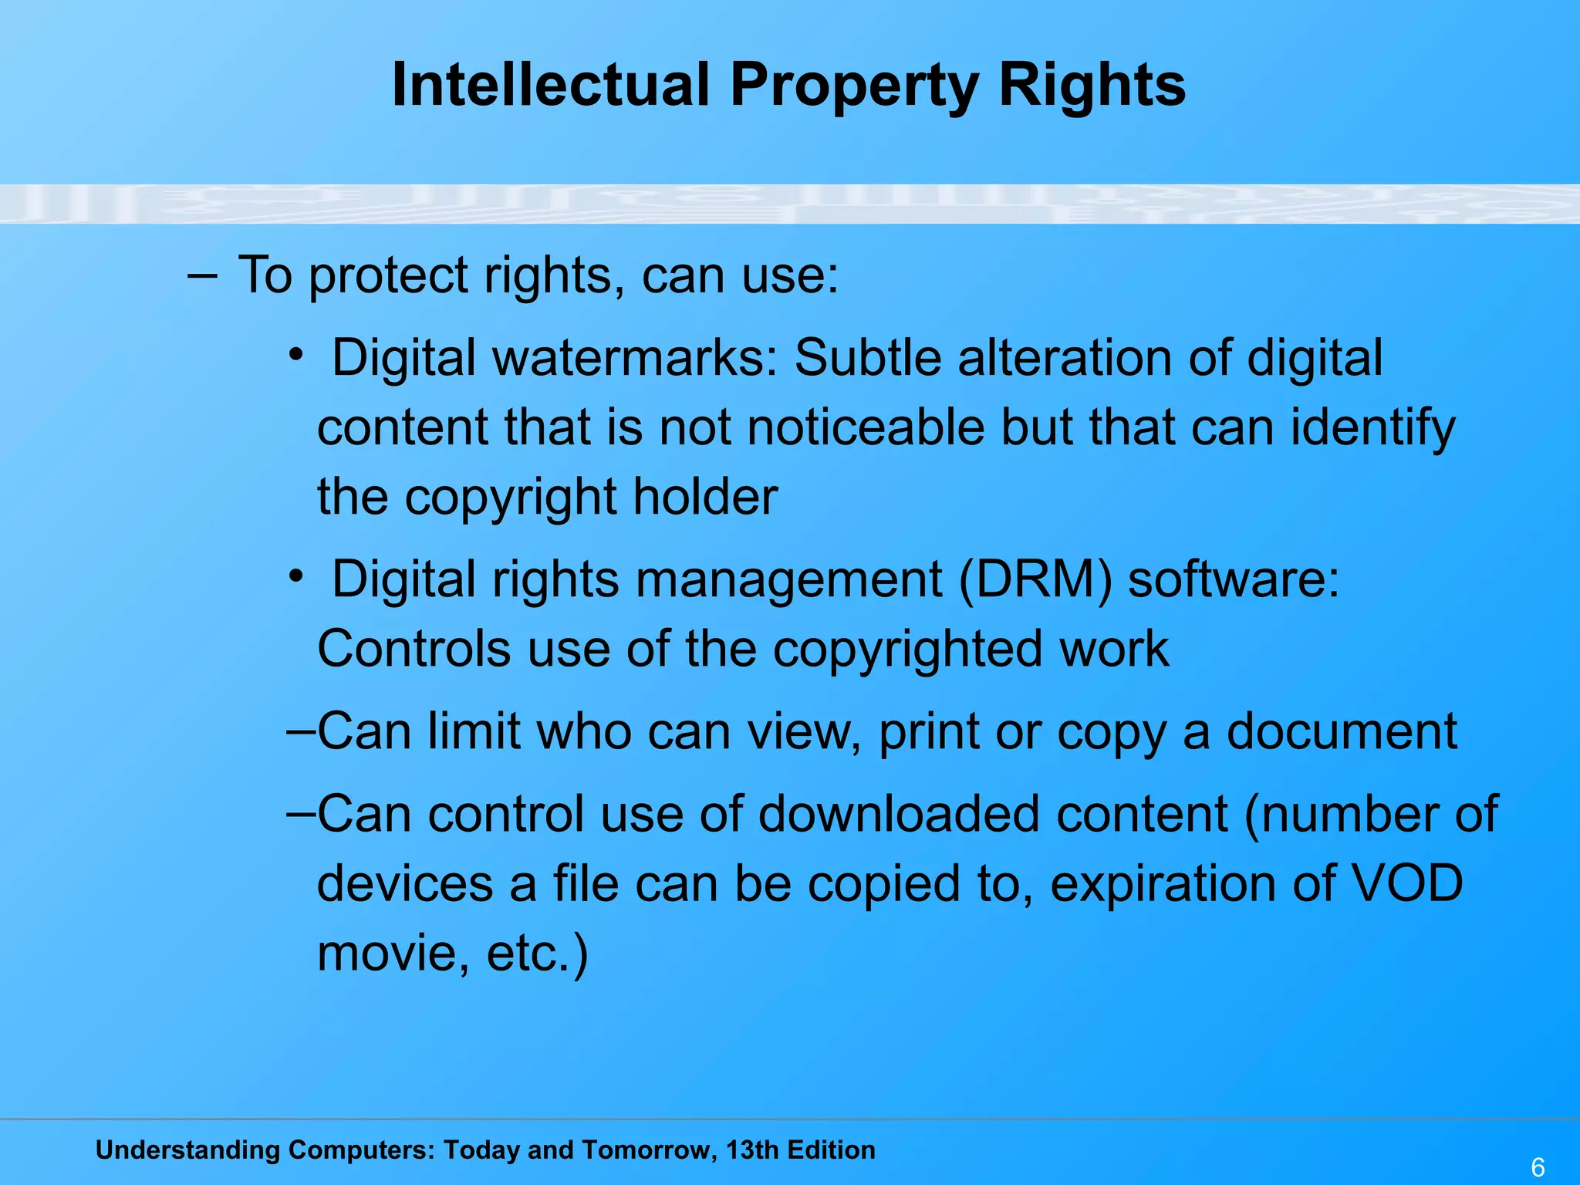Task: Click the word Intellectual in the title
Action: point(550,84)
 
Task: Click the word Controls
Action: point(414,648)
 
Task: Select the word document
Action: point(1342,731)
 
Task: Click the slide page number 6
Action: point(1538,1167)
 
